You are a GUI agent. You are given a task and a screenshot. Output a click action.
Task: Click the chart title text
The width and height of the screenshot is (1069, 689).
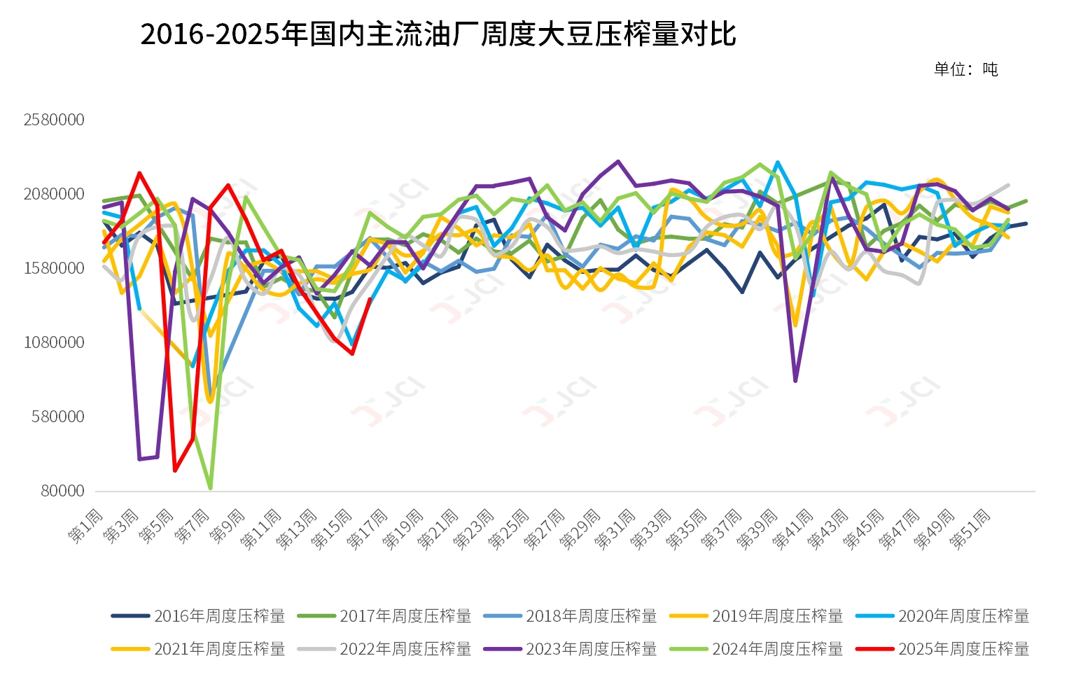(438, 34)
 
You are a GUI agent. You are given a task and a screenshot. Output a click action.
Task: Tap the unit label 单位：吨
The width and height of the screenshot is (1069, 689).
(965, 69)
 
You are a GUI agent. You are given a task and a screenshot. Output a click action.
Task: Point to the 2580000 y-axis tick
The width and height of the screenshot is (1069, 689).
(54, 120)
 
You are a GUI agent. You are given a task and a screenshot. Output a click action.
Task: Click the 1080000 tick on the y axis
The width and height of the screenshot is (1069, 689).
(54, 342)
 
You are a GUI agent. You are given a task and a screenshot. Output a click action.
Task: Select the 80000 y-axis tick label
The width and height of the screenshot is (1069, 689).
(62, 491)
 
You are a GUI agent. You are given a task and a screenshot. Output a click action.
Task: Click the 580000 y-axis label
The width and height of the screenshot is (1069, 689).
(58, 417)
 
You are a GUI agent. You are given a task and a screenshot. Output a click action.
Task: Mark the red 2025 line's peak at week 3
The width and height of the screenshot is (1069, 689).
(139, 173)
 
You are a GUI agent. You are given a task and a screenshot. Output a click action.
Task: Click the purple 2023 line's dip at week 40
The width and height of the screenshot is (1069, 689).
(795, 381)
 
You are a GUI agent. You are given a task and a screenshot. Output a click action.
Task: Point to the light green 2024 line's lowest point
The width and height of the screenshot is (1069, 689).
(210, 487)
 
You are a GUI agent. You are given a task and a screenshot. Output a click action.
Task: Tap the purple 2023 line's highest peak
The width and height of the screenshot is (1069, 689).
(618, 162)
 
